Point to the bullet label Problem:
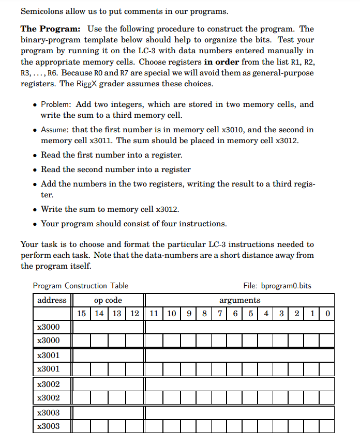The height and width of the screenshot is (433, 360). tap(57, 104)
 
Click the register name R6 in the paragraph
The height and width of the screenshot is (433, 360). tap(54, 73)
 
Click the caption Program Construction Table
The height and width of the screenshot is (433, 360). tap(80, 286)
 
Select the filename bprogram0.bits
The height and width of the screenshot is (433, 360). tap(286, 286)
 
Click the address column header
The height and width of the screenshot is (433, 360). tap(52, 300)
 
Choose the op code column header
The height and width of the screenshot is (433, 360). tap(108, 300)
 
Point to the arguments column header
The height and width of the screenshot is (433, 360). tap(239, 300)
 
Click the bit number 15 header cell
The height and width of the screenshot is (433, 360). tap(81, 314)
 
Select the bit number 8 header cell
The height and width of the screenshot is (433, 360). tap(205, 314)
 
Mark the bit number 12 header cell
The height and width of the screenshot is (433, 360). tap(134, 314)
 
